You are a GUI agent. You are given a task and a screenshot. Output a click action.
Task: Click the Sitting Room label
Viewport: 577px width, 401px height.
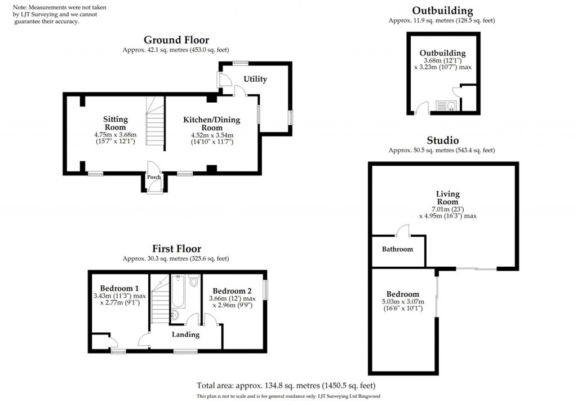click(x=115, y=123)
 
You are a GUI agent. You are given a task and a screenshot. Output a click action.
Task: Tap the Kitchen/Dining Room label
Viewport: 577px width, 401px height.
click(x=211, y=123)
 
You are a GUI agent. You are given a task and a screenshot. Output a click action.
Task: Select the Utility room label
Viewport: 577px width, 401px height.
click(x=255, y=79)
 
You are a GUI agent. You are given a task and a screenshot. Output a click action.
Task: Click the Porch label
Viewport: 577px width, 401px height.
click(x=154, y=177)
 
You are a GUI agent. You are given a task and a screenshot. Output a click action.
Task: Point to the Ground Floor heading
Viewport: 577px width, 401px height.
click(x=176, y=40)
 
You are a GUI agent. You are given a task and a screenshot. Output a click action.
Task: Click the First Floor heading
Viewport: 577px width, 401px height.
click(x=176, y=249)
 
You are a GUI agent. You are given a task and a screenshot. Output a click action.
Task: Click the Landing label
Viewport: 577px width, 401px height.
click(x=185, y=334)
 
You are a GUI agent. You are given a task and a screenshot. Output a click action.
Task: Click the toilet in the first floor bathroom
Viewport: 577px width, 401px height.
click(x=194, y=281)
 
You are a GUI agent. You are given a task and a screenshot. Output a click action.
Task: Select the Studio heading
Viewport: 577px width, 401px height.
click(x=442, y=140)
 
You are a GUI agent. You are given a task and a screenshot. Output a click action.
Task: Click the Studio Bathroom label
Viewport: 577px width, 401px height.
click(x=397, y=249)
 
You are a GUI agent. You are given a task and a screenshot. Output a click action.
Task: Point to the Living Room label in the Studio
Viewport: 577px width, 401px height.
click(x=447, y=198)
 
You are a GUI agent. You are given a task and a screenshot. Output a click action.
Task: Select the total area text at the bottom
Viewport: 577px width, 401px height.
click(x=288, y=386)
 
